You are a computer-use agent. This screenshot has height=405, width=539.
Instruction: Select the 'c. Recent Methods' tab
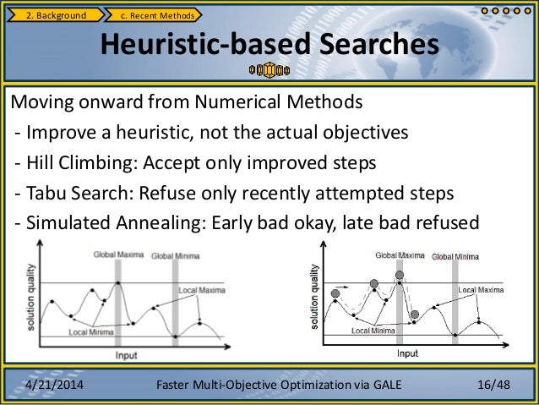point(158,14)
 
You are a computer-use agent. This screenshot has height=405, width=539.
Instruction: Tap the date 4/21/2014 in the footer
point(55,386)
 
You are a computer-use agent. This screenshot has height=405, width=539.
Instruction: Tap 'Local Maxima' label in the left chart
point(199,290)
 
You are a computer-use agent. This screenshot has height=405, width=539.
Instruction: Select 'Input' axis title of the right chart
point(407,353)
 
